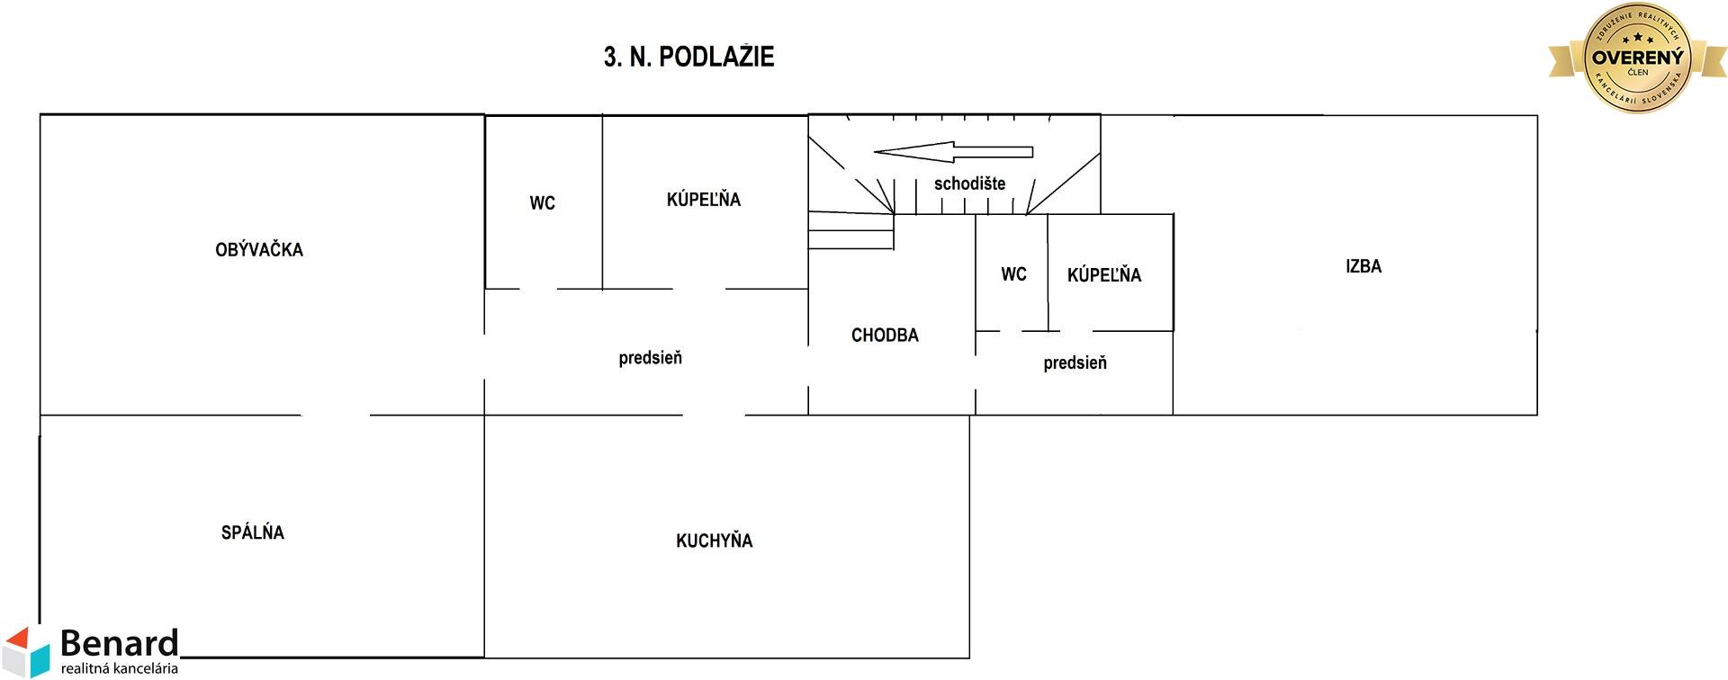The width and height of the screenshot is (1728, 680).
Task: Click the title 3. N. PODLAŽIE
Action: pos(688,57)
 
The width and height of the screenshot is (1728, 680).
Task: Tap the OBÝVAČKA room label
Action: pos(259,250)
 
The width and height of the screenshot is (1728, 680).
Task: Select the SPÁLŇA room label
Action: pos(253,532)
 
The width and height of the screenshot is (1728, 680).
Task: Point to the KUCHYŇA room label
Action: pos(714,541)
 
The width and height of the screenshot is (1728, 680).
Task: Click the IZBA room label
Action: pos(1363,266)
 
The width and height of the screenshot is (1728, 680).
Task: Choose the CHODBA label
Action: pos(885,336)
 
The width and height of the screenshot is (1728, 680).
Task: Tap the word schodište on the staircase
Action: pos(969,183)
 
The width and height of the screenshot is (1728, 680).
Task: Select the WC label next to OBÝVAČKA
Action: pos(542,203)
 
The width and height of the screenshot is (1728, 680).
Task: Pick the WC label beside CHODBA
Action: pos(1013,274)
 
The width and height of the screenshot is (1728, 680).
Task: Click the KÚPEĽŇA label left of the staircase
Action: pos(703,199)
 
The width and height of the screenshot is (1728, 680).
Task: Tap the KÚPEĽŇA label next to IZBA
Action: pos(1103,274)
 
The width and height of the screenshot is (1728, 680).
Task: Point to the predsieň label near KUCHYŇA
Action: pos(650,358)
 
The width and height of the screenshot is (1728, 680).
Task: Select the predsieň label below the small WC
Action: pos(1075,363)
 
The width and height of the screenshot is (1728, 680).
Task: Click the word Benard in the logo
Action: pos(120,644)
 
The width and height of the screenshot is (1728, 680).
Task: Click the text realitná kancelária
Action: pos(120,668)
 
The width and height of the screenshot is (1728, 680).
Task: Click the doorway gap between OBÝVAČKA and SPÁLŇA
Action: pos(335,415)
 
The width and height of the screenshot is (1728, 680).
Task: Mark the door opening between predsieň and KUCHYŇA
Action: pos(714,415)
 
